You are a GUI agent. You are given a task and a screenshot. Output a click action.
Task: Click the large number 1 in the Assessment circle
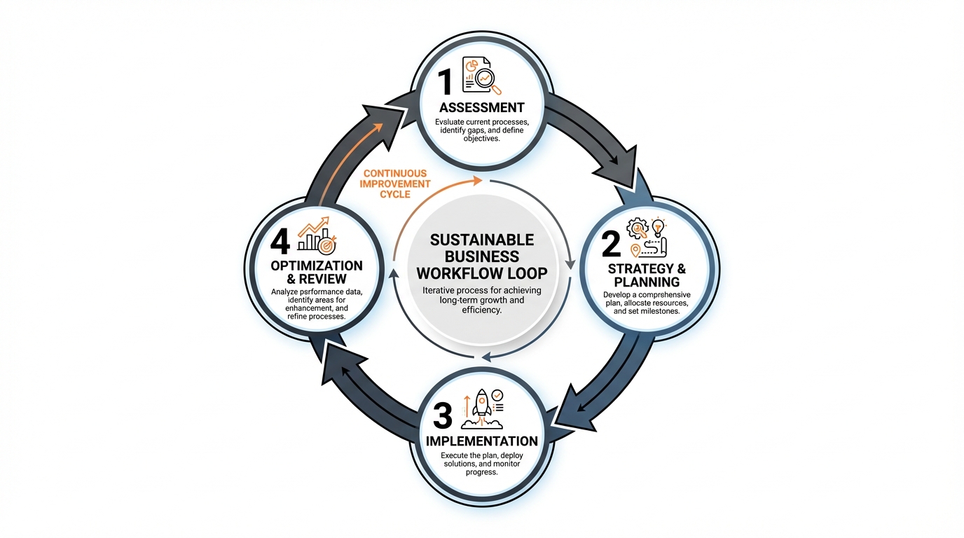446,81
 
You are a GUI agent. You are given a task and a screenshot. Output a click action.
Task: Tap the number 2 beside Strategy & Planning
611,244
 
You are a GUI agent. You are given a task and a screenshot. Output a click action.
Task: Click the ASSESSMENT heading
481,108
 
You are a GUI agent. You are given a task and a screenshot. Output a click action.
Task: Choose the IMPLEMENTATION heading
482,441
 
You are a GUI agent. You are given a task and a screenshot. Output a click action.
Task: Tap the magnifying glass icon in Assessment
487,78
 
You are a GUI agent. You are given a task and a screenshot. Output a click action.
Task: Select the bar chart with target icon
317,235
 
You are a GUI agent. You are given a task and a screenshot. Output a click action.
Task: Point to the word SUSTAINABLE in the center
481,240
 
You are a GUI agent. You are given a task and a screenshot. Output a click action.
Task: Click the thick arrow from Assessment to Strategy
595,140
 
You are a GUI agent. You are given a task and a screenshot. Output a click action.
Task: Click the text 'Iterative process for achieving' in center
481,291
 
